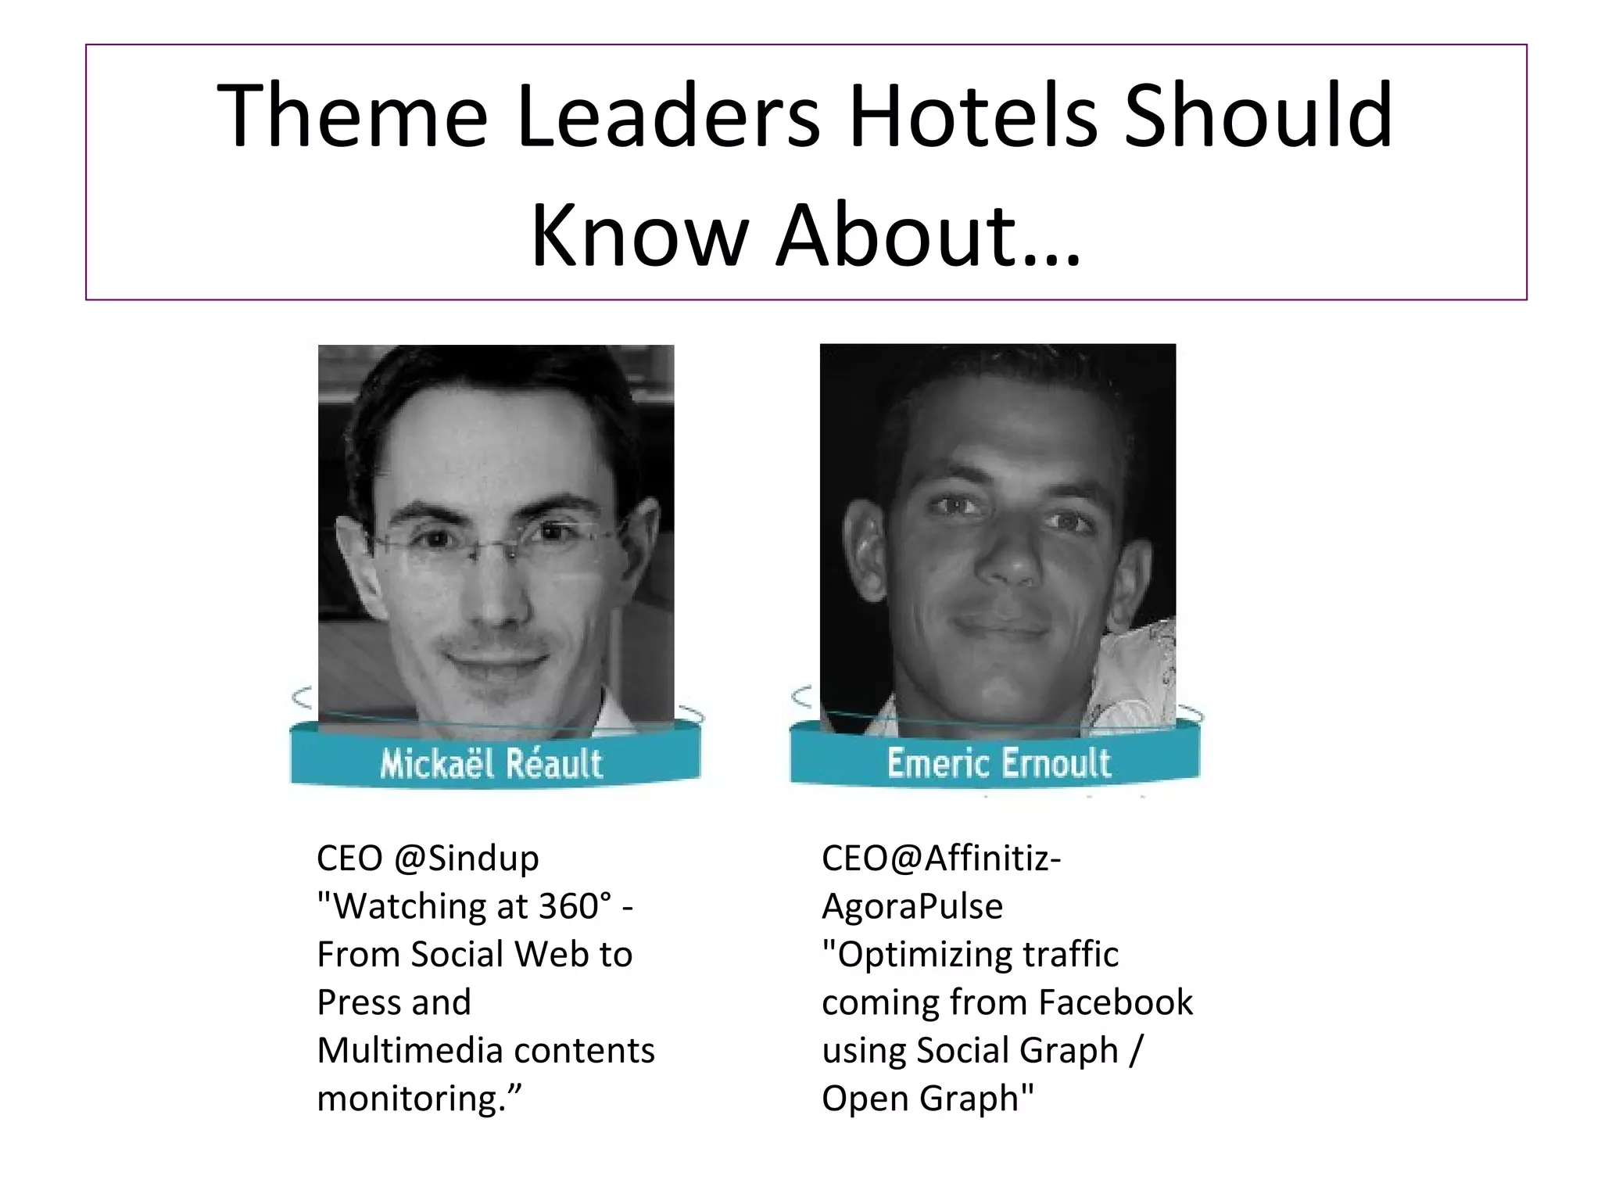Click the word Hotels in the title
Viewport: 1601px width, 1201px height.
point(973,116)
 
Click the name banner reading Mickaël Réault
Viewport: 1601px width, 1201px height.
point(492,762)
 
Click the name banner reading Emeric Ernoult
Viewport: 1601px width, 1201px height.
point(998,762)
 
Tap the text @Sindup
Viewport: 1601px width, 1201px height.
point(467,859)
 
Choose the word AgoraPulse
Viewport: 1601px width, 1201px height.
point(912,906)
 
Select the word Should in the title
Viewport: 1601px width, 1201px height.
point(1259,116)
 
